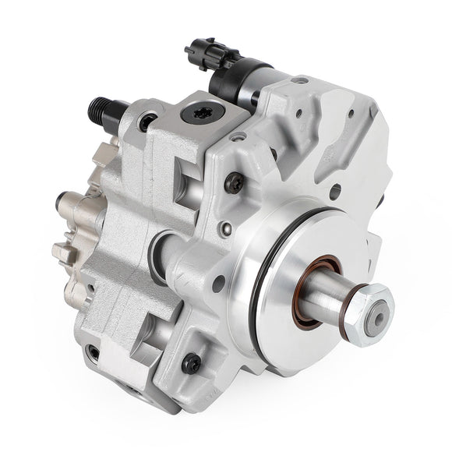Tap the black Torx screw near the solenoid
coord(233,182)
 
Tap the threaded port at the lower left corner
coord(94,353)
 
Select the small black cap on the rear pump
coord(60,207)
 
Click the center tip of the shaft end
coord(377,322)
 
